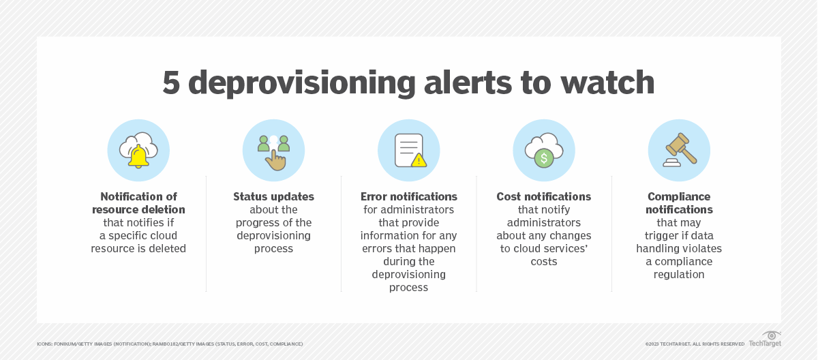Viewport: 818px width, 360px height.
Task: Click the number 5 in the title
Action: tap(171, 82)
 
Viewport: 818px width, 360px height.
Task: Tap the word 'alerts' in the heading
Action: tap(483, 82)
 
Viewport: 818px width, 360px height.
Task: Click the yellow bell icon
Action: tap(138, 156)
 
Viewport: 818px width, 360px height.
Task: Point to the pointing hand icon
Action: tap(275, 159)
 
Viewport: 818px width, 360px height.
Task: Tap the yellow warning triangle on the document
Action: tap(419, 160)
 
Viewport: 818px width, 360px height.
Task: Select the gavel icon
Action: tap(679, 149)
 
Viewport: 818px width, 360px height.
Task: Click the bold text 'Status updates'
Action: tap(273, 196)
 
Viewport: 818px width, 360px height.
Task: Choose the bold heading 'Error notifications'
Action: tap(408, 196)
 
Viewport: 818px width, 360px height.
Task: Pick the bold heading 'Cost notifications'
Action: tap(543, 196)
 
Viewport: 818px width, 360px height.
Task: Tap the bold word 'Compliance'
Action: tap(679, 196)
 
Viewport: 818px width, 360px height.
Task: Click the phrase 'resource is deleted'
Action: tap(138, 248)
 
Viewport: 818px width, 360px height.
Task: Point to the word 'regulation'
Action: tap(679, 274)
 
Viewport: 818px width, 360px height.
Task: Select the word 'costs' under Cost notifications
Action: tap(543, 261)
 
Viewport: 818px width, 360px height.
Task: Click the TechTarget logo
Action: tap(765, 339)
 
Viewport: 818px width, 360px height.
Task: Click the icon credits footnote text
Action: tap(170, 344)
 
